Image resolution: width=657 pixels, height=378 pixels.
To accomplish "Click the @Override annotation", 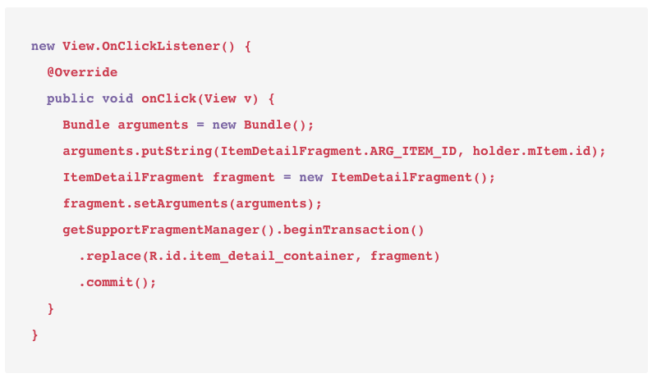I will (x=82, y=72).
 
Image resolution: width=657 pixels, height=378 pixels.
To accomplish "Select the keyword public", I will (x=70, y=98).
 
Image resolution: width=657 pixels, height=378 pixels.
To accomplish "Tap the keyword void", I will (x=117, y=98).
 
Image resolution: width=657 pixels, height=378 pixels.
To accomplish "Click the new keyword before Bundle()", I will (x=224, y=125).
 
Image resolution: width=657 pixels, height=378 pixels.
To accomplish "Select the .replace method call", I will (x=110, y=257).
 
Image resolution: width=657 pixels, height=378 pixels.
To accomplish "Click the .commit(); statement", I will (x=117, y=283).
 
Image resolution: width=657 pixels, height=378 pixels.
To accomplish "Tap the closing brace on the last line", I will (x=34, y=335).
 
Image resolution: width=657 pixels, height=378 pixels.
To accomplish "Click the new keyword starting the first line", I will (x=43, y=46).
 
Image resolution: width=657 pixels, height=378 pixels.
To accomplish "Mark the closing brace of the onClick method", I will (x=51, y=309).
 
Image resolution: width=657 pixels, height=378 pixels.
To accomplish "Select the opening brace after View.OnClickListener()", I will (x=248, y=46).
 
